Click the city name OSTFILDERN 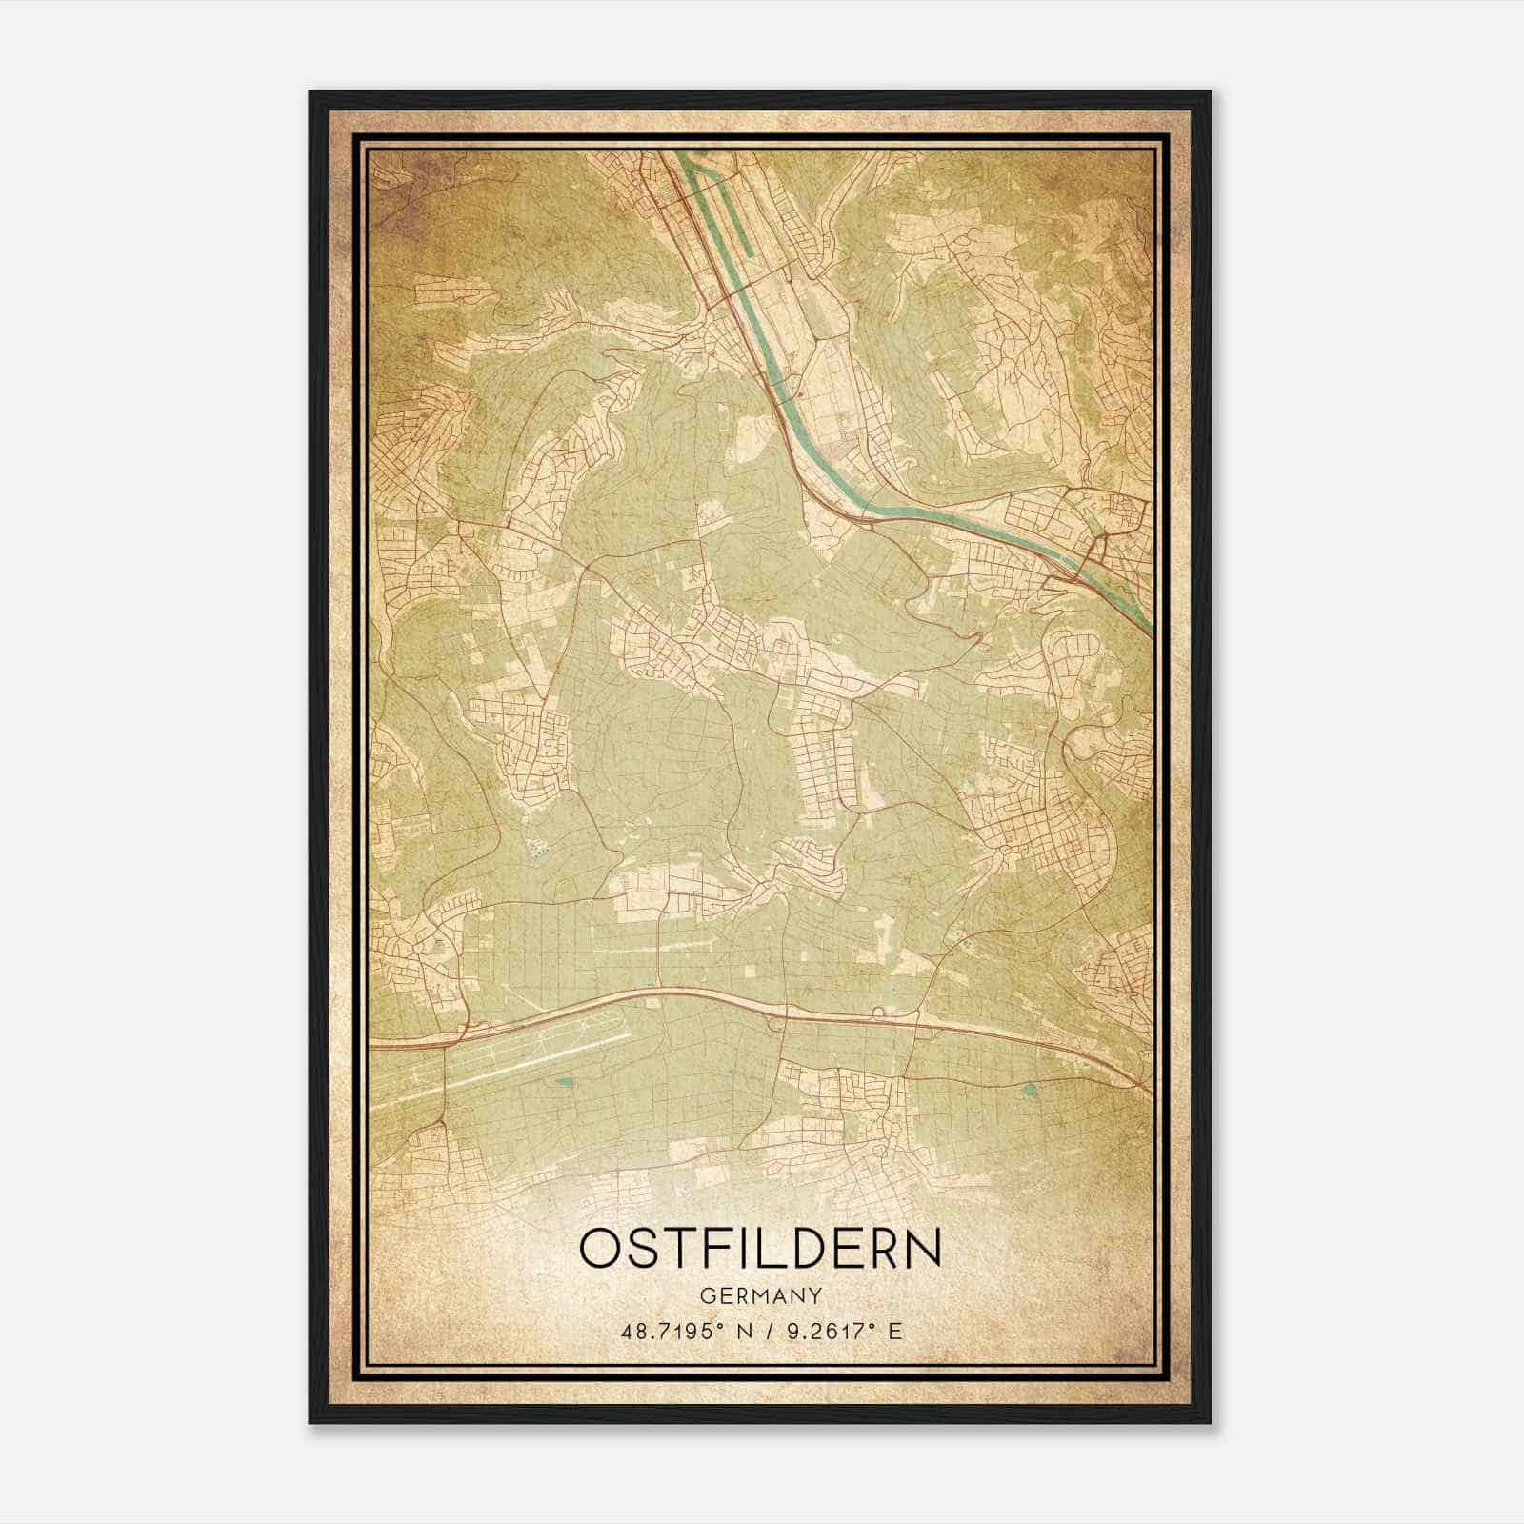[760, 1249]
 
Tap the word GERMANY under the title [760, 1295]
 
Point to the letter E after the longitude [893, 1331]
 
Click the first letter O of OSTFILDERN [601, 1249]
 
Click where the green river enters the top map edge [678, 154]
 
